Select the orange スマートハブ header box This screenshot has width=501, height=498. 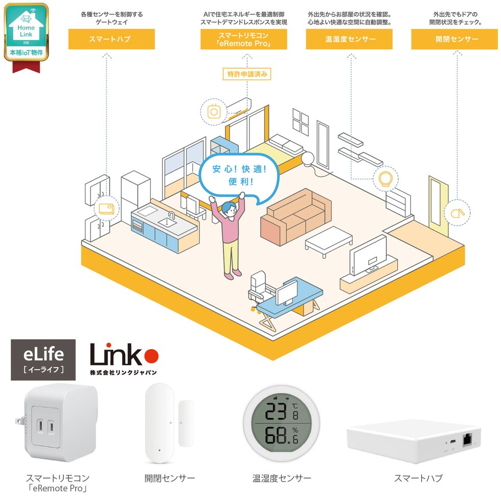(x=111, y=39)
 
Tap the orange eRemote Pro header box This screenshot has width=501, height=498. (x=243, y=39)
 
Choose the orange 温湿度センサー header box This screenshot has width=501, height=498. (x=349, y=39)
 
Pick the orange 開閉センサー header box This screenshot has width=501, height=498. (x=454, y=39)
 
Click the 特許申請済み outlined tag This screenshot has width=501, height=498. (x=246, y=74)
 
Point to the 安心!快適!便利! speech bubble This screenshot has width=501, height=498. (x=239, y=176)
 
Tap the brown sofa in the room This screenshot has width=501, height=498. (x=296, y=217)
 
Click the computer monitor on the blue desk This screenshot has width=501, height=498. (x=286, y=292)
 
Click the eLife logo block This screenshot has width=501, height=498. (x=43, y=360)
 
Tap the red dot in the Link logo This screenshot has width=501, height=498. (x=151, y=356)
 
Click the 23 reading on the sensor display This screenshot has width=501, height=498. (x=276, y=412)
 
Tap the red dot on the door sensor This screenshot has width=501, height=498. (x=160, y=450)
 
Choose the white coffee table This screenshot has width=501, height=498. (x=328, y=241)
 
